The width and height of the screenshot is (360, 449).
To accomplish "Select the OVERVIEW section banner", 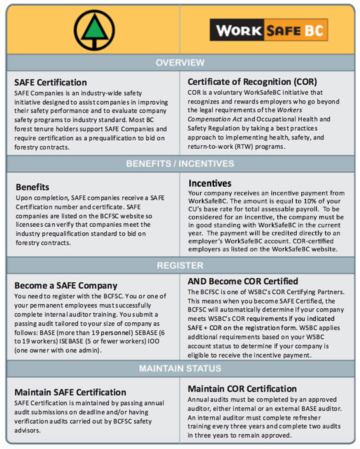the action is click(180, 63).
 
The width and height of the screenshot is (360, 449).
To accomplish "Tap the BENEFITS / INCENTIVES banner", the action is click(180, 163).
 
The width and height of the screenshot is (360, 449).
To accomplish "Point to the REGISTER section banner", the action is click(180, 265).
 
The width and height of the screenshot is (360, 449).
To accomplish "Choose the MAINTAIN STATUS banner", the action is click(180, 368).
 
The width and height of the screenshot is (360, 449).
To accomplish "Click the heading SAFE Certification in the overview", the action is click(51, 82).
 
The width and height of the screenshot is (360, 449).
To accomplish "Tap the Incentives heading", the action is click(210, 182).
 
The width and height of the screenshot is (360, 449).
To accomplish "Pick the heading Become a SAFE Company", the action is click(66, 286).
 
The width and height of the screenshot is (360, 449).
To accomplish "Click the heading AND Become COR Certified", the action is click(243, 282).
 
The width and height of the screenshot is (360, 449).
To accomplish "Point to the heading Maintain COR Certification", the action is click(242, 388).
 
